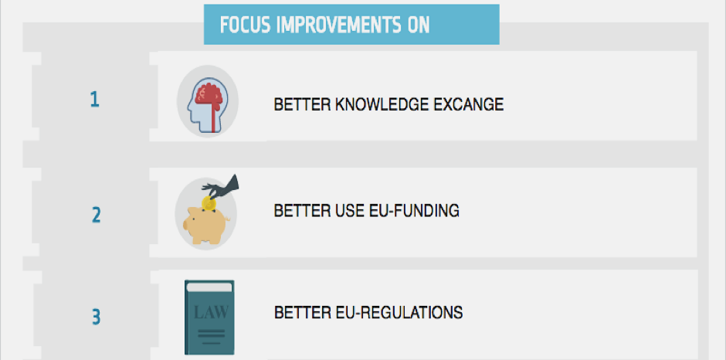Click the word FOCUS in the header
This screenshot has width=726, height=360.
245,25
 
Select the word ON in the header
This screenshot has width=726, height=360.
419,25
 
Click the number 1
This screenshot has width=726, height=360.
94,100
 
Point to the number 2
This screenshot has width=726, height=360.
96,215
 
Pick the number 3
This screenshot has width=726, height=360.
96,318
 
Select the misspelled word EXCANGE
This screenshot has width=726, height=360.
469,104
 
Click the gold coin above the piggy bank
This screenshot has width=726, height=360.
209,203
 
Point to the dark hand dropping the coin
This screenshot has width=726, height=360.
222,187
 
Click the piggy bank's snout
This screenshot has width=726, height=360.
185,225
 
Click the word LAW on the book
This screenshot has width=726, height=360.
211,312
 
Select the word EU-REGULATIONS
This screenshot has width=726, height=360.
399,312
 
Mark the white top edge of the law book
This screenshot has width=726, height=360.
209,287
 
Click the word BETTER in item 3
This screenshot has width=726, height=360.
301,312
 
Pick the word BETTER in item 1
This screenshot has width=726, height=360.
301,104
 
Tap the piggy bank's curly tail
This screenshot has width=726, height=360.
227,219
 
